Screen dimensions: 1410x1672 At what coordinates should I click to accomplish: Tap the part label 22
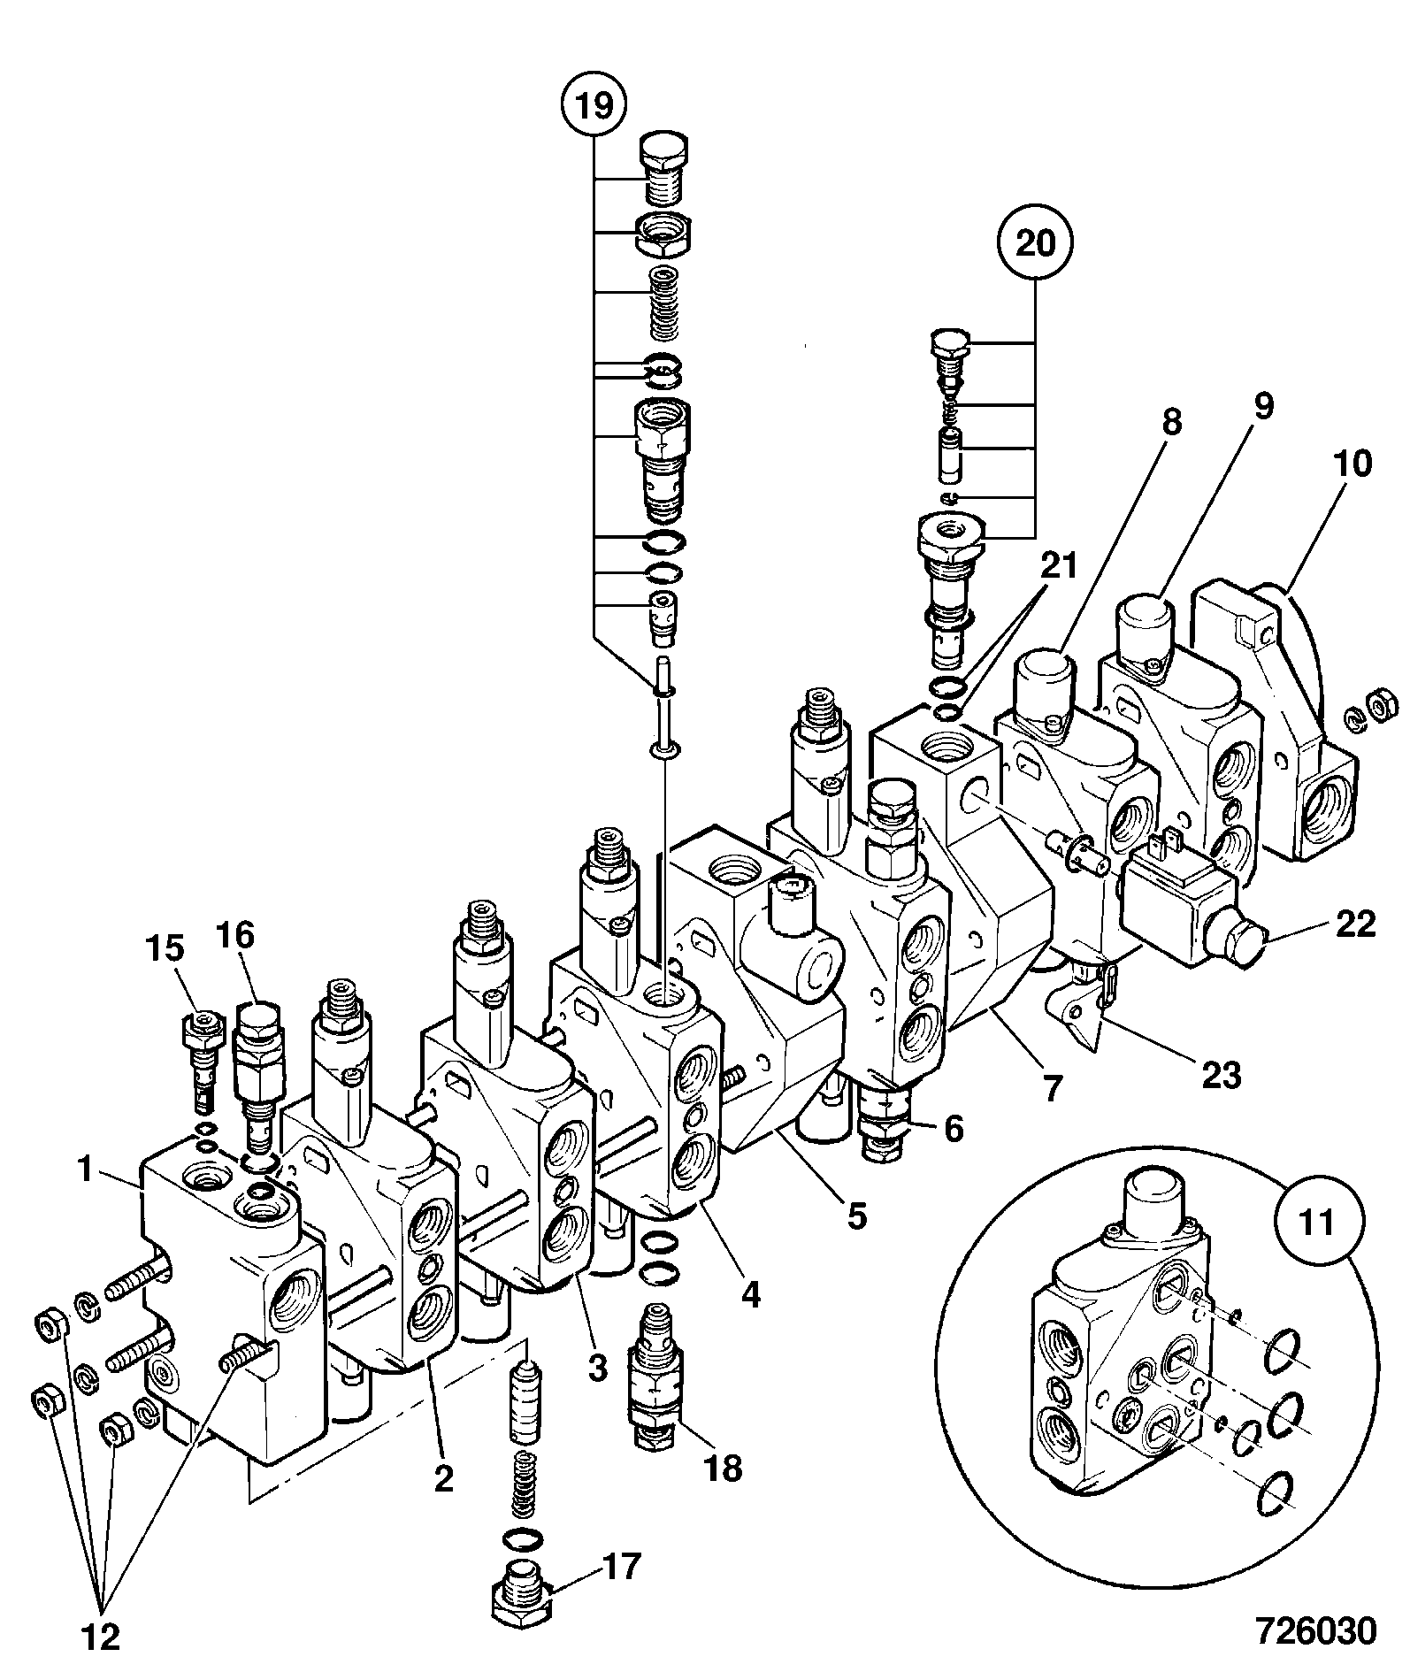coord(1354,924)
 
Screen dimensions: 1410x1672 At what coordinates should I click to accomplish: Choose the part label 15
coord(165,948)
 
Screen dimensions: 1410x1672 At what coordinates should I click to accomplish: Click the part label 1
coord(86,1170)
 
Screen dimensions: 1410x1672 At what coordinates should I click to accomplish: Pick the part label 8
coord(1171,422)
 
